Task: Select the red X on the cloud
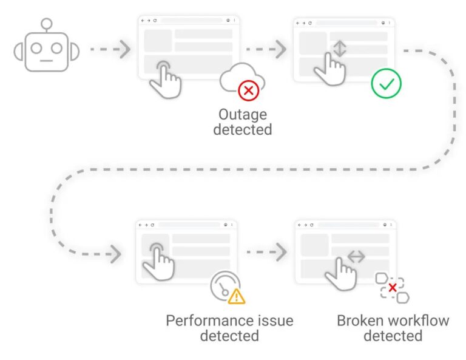pos(248,91)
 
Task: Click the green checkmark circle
pos(387,84)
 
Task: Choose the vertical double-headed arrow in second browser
pos(340,48)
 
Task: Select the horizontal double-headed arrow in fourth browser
pos(356,257)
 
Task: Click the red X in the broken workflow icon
pos(393,287)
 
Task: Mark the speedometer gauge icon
pos(223,285)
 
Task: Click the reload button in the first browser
pos(155,21)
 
